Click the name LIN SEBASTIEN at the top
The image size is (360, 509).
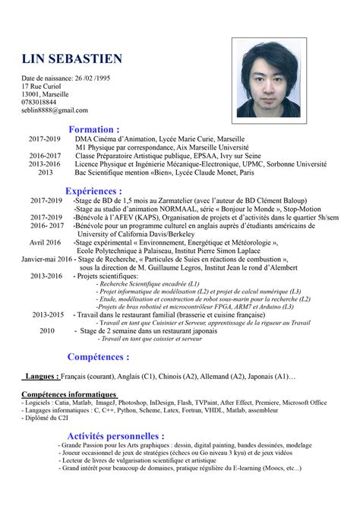coord(71,59)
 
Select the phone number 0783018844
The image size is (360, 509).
coord(39,102)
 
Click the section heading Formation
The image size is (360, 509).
coord(94,129)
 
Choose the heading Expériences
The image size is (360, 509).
coord(93,190)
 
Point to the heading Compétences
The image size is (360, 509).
coord(98,356)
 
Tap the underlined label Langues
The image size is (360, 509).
coord(41,377)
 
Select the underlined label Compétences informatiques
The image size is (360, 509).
coord(69,394)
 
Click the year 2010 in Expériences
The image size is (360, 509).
coord(47,331)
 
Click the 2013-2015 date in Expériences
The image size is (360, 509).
coord(48,314)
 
